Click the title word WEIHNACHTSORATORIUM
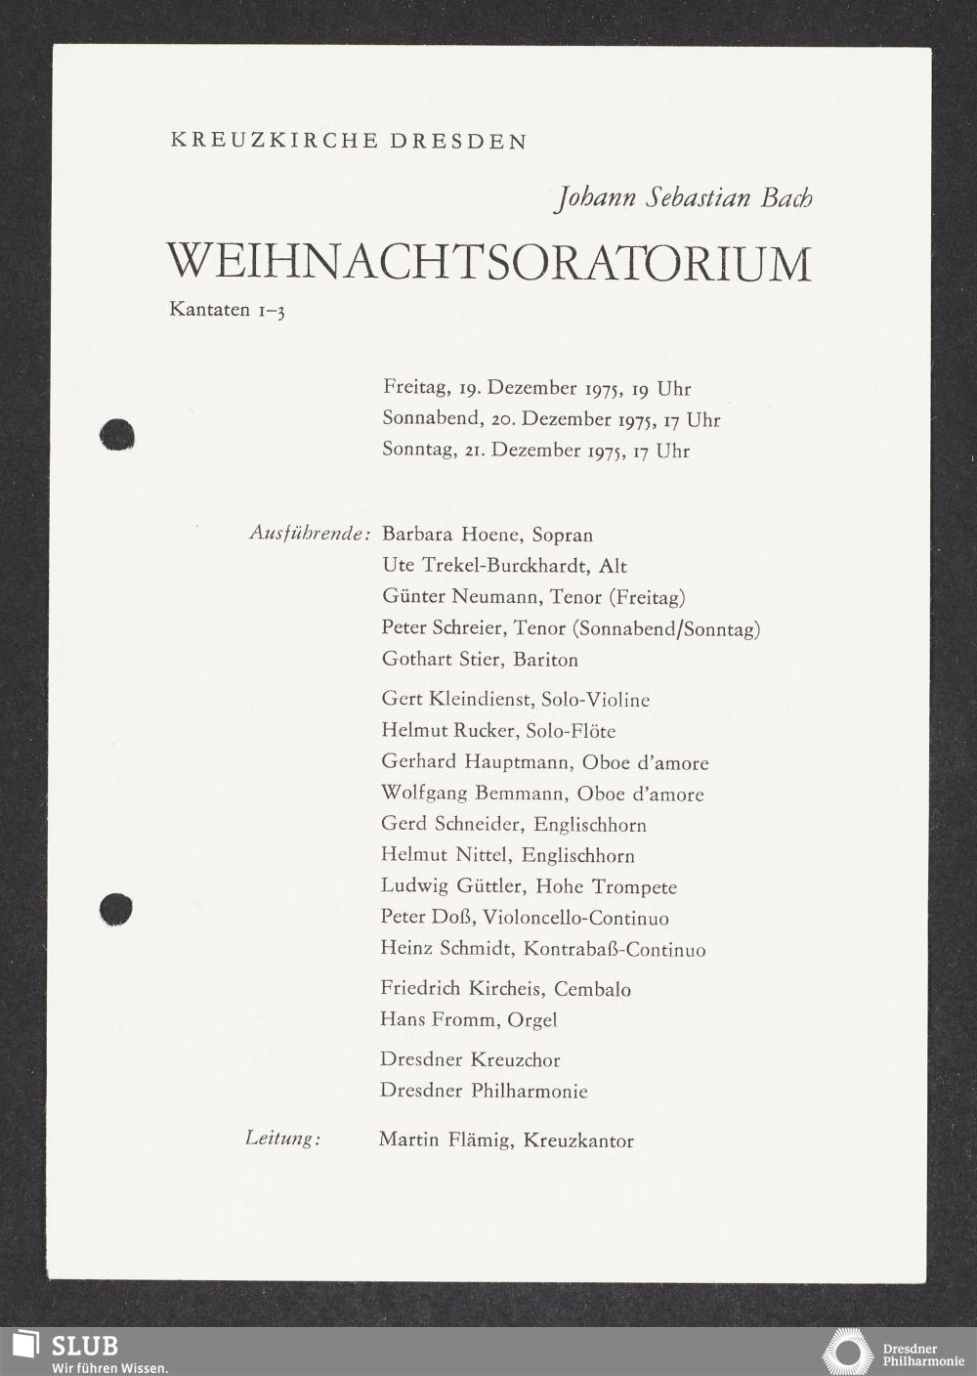point(489,263)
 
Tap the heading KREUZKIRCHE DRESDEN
point(349,141)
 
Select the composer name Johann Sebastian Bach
point(683,198)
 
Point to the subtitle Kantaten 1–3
point(227,312)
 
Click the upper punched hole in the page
point(117,434)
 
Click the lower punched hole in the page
point(116,908)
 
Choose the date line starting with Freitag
point(536,388)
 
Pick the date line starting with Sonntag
point(535,451)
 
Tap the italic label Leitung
point(282,1139)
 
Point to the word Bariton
point(545,660)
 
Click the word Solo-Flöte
point(571,731)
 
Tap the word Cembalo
point(592,989)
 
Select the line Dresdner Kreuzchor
point(470,1059)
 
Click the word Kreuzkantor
point(578,1139)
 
